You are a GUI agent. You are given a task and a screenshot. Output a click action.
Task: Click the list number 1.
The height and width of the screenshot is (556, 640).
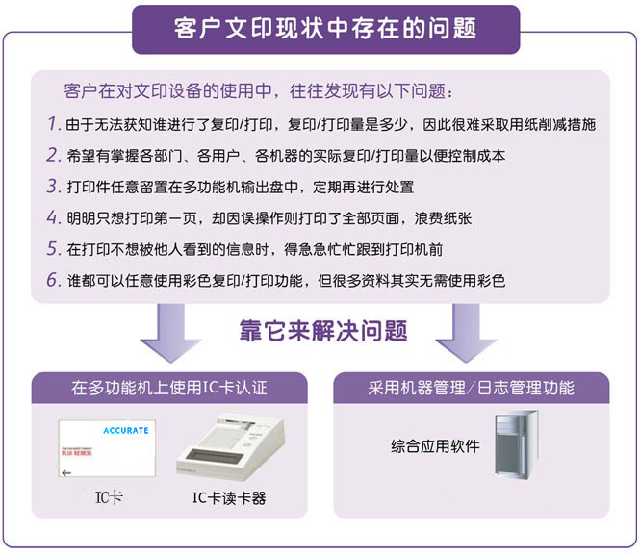point(52,124)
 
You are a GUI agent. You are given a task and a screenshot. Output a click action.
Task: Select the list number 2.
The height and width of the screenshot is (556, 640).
point(52,155)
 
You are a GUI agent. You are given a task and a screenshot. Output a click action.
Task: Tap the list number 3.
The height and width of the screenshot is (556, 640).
point(52,187)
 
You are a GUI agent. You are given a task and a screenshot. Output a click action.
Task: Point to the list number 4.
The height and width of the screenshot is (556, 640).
point(52,217)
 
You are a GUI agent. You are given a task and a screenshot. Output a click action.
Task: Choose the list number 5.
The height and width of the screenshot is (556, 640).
point(52,249)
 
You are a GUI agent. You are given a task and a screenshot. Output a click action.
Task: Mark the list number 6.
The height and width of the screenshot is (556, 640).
point(52,281)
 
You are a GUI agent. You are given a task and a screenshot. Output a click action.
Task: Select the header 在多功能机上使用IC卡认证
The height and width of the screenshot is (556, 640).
point(169,389)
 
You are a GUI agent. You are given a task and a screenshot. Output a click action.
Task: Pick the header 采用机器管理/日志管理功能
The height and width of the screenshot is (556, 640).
point(472,389)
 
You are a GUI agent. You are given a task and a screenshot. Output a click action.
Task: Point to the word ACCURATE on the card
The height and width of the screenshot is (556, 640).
point(125,430)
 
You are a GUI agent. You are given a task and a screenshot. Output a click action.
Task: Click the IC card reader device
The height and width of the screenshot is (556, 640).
point(233,445)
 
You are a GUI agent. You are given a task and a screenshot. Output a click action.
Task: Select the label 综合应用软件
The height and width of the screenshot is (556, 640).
point(435,446)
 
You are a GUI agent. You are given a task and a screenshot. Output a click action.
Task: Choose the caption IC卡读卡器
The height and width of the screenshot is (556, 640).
point(229,498)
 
